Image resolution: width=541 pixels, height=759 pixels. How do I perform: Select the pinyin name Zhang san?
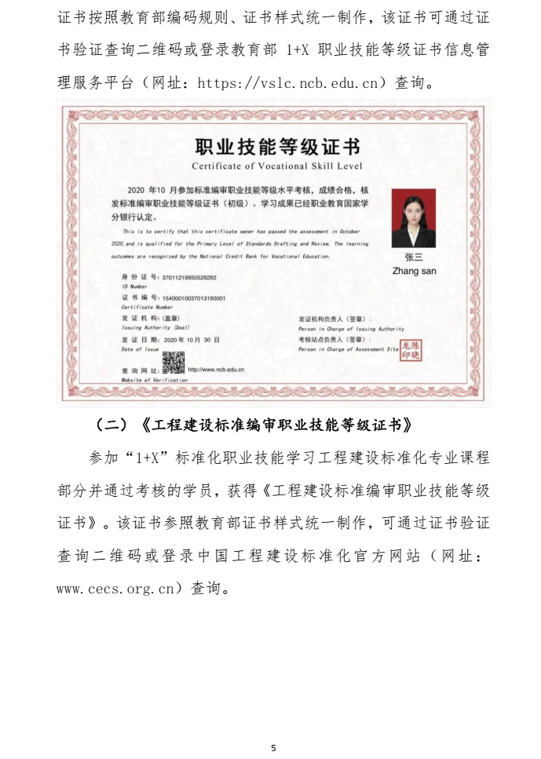point(414,271)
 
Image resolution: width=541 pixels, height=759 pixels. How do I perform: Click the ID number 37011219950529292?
point(188,278)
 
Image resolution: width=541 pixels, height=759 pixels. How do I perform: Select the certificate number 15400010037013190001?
point(193,298)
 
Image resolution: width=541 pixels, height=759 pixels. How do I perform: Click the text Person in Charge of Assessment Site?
point(349,348)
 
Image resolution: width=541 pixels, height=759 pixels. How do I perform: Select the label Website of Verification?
point(155,379)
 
